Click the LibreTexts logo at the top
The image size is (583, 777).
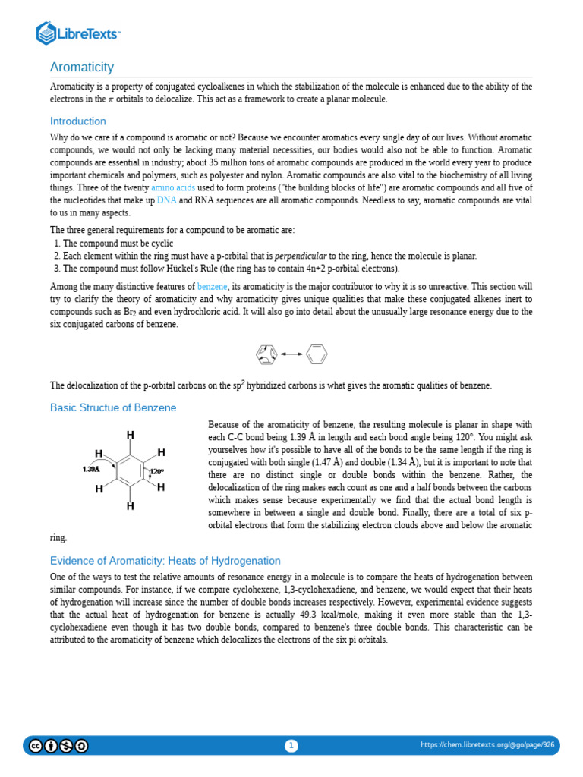pyautogui.click(x=78, y=33)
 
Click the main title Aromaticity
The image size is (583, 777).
pyautogui.click(x=82, y=68)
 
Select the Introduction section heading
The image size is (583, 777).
pyautogui.click(x=78, y=121)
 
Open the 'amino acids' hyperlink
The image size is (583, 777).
pyautogui.click(x=172, y=187)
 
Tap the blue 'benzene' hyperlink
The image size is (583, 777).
pyautogui.click(x=212, y=287)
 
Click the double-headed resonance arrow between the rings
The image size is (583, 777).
pyautogui.click(x=292, y=354)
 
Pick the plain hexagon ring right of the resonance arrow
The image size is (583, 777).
pyautogui.click(x=317, y=354)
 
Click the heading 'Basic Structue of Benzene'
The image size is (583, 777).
pyautogui.click(x=113, y=407)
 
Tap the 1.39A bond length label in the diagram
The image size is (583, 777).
pyautogui.click(x=91, y=470)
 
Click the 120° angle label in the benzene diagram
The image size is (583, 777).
pyautogui.click(x=156, y=472)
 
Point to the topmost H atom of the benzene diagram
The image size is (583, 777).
pyautogui.click(x=131, y=435)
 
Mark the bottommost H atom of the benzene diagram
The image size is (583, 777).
pyautogui.click(x=131, y=505)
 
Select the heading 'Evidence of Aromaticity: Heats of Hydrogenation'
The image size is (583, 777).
pyautogui.click(x=165, y=561)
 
